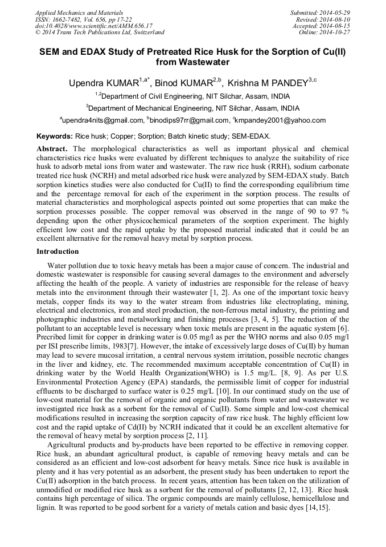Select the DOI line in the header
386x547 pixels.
(x=93, y=26)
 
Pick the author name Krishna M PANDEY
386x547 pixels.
(x=268, y=83)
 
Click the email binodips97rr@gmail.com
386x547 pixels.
(x=190, y=120)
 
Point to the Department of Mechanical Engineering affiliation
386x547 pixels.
(x=194, y=108)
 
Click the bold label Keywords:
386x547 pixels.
(x=55, y=137)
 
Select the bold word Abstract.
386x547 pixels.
(x=52, y=148)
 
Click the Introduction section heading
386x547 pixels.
(x=58, y=252)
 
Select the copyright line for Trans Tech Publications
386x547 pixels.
(x=100, y=33)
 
